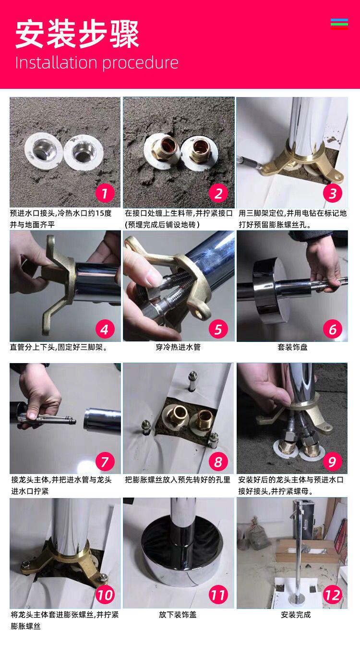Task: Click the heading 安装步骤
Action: point(77,35)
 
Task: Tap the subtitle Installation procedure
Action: point(97,63)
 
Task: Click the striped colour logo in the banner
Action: point(339,24)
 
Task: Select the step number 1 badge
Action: point(105,193)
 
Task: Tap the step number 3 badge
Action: point(332,193)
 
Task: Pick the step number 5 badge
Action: point(218,329)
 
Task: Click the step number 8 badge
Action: point(218,462)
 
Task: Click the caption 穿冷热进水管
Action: point(178,347)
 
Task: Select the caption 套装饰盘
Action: point(292,347)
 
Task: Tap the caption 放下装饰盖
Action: point(178,614)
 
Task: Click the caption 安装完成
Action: point(296,614)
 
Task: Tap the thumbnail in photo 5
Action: point(155,277)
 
